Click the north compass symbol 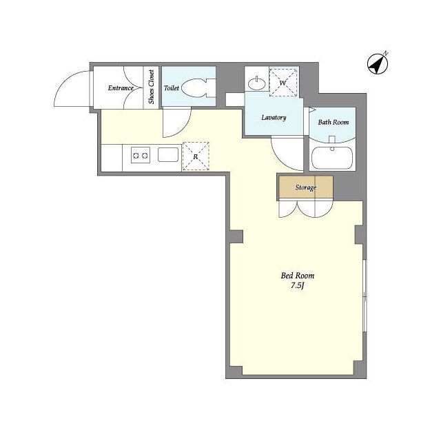point(378,63)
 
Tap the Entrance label point(121,88)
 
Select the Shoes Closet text point(152,87)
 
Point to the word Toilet point(172,88)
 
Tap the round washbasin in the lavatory point(257,83)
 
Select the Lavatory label point(274,117)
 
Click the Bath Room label point(334,122)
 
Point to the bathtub point(332,158)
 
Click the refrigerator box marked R point(196,156)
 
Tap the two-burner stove point(141,155)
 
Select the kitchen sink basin point(168,154)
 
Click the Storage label point(306,187)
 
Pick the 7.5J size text point(298,286)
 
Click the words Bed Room point(298,276)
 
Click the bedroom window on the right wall point(365,296)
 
